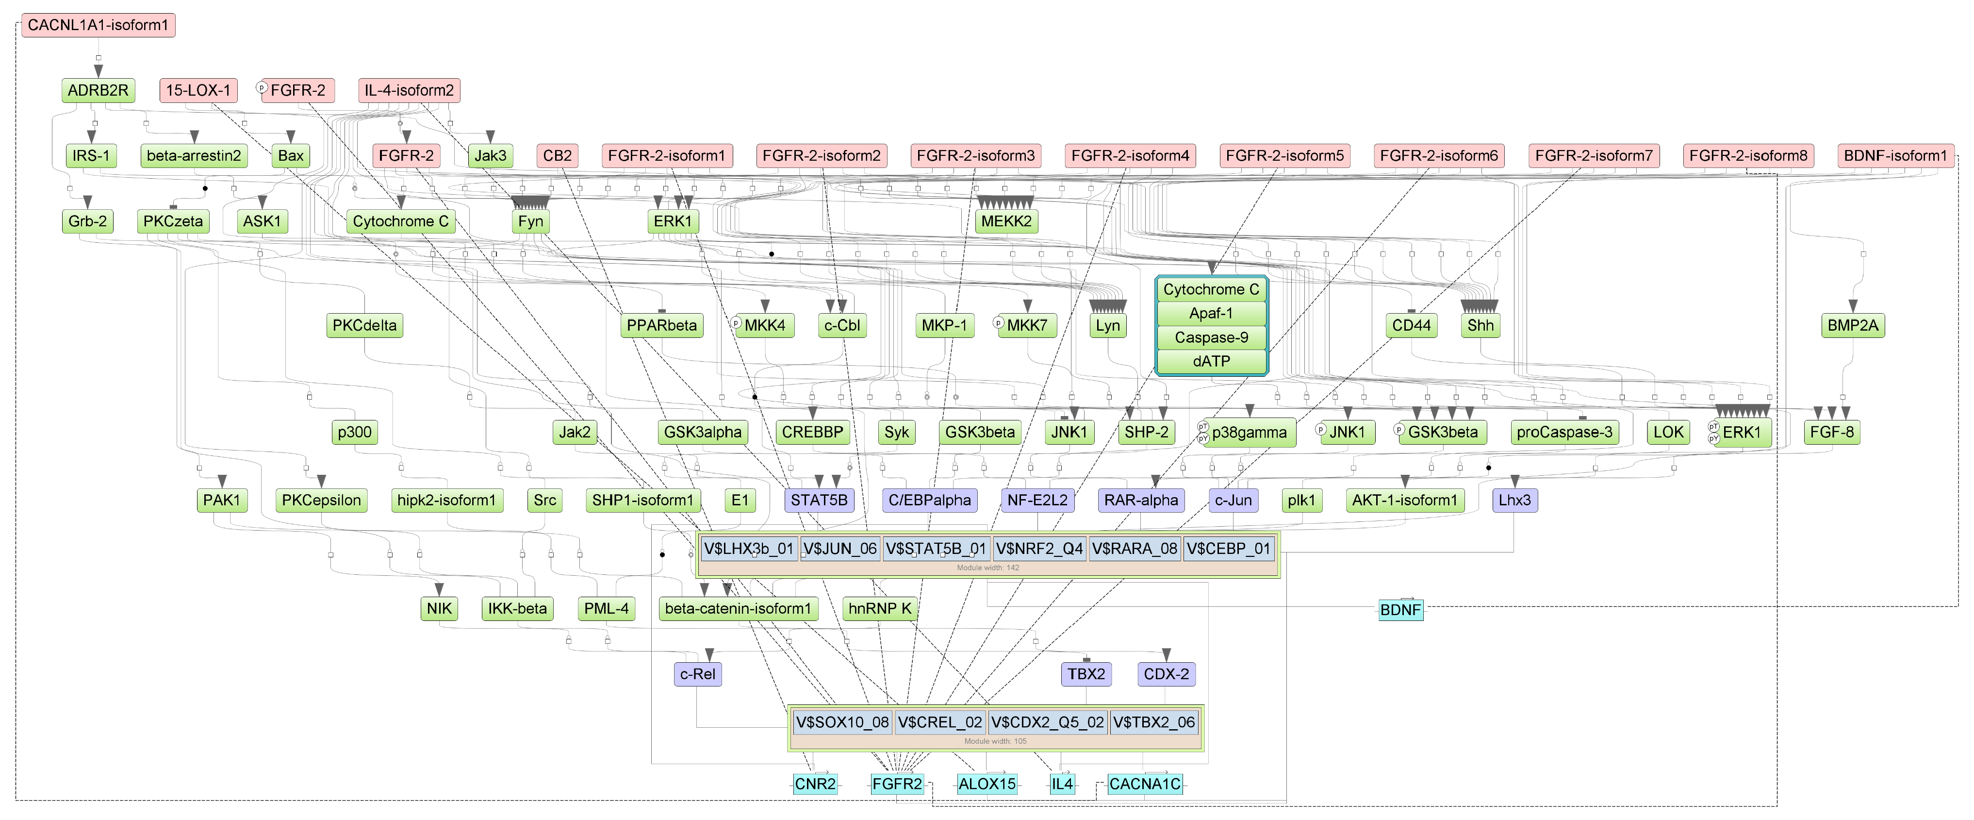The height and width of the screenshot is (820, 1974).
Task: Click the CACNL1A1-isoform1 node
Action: click(x=98, y=25)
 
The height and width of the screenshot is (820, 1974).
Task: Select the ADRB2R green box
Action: click(x=98, y=90)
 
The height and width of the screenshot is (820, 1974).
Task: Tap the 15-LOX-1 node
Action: click(x=198, y=90)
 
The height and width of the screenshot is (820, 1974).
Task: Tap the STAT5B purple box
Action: click(x=819, y=501)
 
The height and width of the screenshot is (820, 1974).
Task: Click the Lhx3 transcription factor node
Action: click(x=1514, y=501)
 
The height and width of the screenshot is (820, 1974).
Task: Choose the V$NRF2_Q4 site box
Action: click(x=1039, y=549)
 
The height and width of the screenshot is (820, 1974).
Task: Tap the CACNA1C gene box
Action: click(x=1144, y=784)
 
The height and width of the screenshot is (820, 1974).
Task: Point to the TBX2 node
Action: click(x=1086, y=674)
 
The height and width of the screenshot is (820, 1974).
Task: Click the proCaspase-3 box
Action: click(x=1563, y=432)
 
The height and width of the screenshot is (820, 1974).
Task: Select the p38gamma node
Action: click(x=1249, y=432)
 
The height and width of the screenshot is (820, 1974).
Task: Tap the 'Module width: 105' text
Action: click(x=995, y=741)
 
